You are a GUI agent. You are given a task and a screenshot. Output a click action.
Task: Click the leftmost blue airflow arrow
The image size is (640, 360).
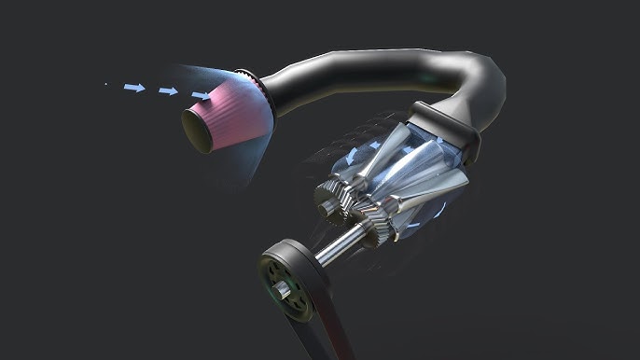(135, 88)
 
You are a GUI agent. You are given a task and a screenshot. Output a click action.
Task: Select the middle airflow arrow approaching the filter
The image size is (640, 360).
(168, 91)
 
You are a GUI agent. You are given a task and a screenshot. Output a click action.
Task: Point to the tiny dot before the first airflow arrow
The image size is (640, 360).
(105, 85)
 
